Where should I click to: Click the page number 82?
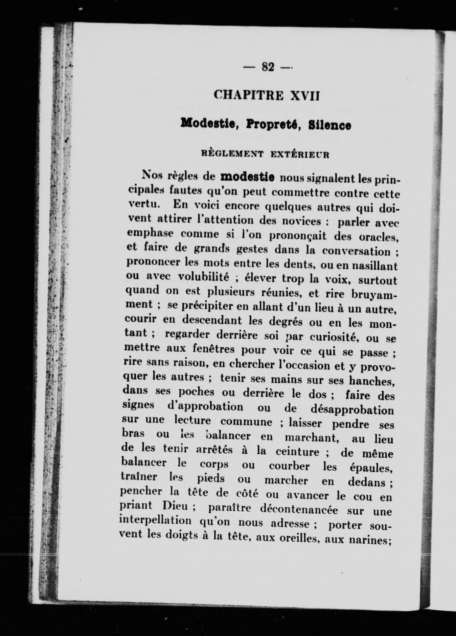268,67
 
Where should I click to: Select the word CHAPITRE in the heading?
249,95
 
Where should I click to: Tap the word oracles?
378,237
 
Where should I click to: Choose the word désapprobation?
352,410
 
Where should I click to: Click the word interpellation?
155,521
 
